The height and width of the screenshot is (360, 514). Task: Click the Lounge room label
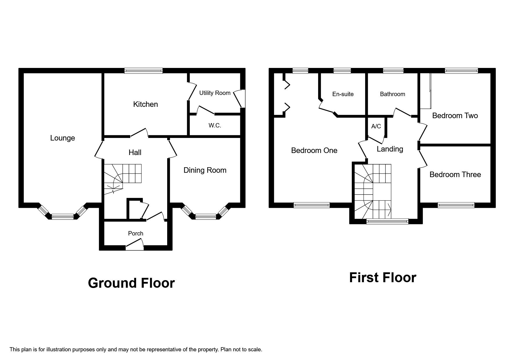tap(62, 138)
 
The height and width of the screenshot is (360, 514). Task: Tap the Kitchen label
tap(145, 104)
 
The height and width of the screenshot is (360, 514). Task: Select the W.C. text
tap(215, 125)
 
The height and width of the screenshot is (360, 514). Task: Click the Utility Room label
tap(215, 93)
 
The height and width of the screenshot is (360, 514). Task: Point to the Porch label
tap(136, 233)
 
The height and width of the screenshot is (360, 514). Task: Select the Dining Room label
tap(205, 170)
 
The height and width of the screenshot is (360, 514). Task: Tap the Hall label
tap(135, 152)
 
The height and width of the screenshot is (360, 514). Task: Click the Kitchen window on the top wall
tap(143, 71)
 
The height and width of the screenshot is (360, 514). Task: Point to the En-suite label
tap(343, 94)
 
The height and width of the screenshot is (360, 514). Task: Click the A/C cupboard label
tap(376, 126)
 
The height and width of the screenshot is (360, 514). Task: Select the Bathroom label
tap(392, 94)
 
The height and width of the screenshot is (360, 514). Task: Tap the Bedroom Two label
tap(455, 116)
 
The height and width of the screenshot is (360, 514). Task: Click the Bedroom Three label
tap(455, 174)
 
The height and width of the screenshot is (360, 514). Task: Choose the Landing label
tap(390, 149)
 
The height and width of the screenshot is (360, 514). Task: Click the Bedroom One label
tap(314, 150)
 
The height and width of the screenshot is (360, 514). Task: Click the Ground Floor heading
tap(131, 283)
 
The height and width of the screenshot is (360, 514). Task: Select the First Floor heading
tap(383, 278)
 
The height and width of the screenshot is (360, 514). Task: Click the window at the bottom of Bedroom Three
tap(456, 205)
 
